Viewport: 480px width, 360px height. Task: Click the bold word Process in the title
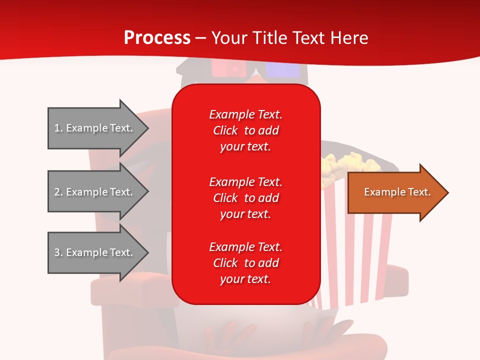[157, 38]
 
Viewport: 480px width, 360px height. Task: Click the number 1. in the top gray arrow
[58, 128]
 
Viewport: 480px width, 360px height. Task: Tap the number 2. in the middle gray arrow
[58, 192]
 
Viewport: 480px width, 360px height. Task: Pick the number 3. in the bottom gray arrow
[58, 252]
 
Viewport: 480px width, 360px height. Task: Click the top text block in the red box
[245, 130]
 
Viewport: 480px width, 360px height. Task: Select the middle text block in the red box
[245, 198]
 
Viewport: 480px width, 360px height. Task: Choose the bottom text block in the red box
[245, 263]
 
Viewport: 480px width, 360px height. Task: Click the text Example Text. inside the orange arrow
[397, 192]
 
